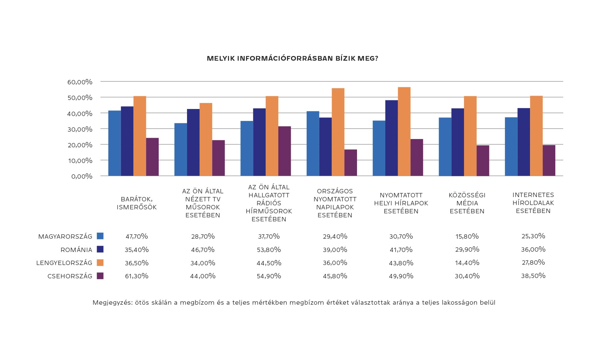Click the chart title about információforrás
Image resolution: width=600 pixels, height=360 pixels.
[x=292, y=59]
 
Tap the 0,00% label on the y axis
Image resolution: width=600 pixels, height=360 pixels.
[x=81, y=176]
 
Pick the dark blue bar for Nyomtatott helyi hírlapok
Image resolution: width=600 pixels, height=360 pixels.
[x=391, y=138]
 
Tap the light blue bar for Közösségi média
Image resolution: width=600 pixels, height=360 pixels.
[x=445, y=147]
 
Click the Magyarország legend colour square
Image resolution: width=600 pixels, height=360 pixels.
[x=100, y=236]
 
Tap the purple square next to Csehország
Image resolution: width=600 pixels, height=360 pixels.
[x=100, y=276]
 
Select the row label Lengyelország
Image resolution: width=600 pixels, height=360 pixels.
[x=64, y=263]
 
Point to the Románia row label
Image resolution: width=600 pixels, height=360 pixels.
[x=76, y=250]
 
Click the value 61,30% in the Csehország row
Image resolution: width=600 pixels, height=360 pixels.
[x=137, y=276]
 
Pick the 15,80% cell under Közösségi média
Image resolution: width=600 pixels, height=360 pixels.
[x=467, y=236]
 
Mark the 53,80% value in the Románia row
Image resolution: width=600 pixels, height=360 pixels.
[x=269, y=250]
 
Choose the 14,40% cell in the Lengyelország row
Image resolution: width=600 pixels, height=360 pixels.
[x=467, y=263]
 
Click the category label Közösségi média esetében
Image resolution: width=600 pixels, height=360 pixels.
[x=467, y=203]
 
